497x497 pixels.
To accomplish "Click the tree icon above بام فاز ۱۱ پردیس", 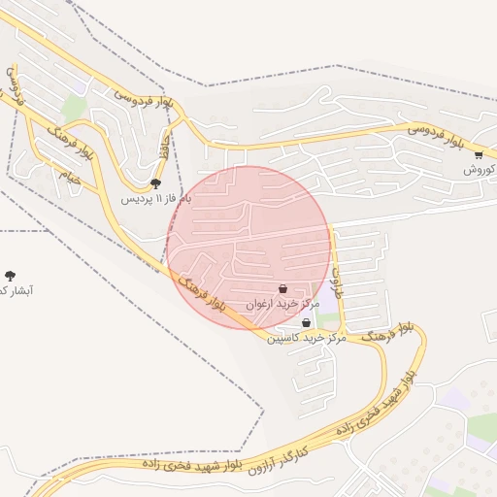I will tap(155, 183).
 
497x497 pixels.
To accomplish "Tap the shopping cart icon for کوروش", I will tap(479, 154).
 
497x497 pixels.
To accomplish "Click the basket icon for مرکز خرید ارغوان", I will tap(282, 288).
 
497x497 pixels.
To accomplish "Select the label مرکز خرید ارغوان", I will tap(282, 304).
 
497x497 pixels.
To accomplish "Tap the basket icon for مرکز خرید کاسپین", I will tap(306, 323).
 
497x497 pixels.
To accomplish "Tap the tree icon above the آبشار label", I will tap(11, 276).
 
